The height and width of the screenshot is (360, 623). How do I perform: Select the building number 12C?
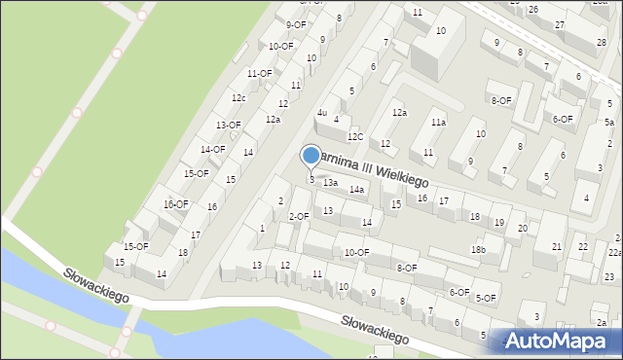[x=355, y=137]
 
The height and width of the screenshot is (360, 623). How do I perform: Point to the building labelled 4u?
[x=321, y=113]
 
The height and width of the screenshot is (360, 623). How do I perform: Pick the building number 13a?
[x=330, y=183]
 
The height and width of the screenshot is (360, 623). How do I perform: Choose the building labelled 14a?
[x=357, y=189]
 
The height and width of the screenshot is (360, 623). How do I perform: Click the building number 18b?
[x=478, y=250]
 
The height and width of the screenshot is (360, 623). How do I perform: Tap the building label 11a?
[x=439, y=123]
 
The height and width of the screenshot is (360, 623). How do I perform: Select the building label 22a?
[x=615, y=252]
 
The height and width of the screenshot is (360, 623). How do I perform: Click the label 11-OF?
[x=259, y=74]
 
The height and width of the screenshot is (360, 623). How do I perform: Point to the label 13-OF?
[x=229, y=126]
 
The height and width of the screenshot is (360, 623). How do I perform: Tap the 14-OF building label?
[x=212, y=150]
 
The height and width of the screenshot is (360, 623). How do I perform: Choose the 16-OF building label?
[x=176, y=204]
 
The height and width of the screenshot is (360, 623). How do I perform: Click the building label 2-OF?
[x=299, y=216]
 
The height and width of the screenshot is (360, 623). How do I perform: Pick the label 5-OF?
[x=486, y=298]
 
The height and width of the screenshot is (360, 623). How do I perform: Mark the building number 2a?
[x=602, y=322]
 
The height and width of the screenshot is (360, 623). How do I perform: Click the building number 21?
[x=556, y=247]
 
